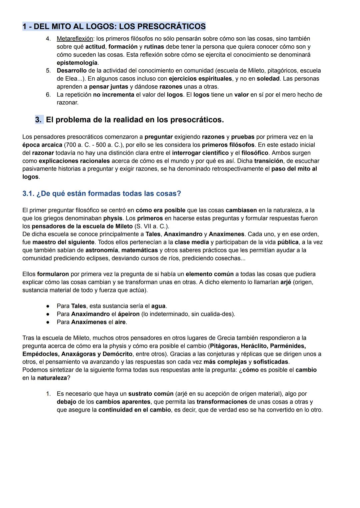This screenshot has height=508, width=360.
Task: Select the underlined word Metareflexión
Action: pyautogui.click(x=75, y=39)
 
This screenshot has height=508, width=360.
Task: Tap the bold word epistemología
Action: pyautogui.click(x=77, y=63)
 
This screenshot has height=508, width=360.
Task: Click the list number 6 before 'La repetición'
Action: pyautogui.click(x=48, y=95)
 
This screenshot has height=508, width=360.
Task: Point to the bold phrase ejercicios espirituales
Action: pyautogui.click(x=200, y=79)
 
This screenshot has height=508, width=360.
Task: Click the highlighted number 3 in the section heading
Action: pyautogui.click(x=39, y=120)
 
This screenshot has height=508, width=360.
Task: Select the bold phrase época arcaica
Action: pyautogui.click(x=42, y=145)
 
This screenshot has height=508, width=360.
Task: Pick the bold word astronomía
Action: pyautogui.click(x=102, y=250)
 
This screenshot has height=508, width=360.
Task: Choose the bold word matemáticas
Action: pyautogui.click(x=140, y=250)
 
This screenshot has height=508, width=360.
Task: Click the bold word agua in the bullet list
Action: pyautogui.click(x=158, y=306)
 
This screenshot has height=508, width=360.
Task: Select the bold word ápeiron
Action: pyautogui.click(x=129, y=314)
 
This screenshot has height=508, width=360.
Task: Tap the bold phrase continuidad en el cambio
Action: pyautogui.click(x=134, y=410)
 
